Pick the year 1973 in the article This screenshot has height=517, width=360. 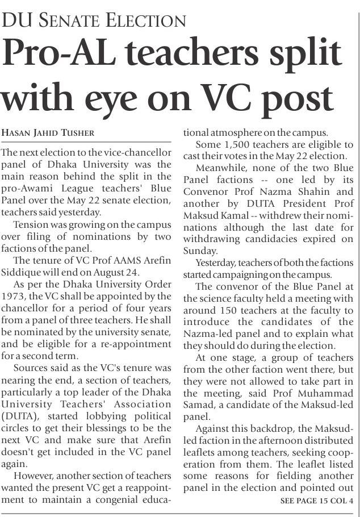(x=14, y=296)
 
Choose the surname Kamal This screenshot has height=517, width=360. (x=221, y=215)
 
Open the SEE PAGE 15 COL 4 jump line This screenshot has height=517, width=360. (x=317, y=501)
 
